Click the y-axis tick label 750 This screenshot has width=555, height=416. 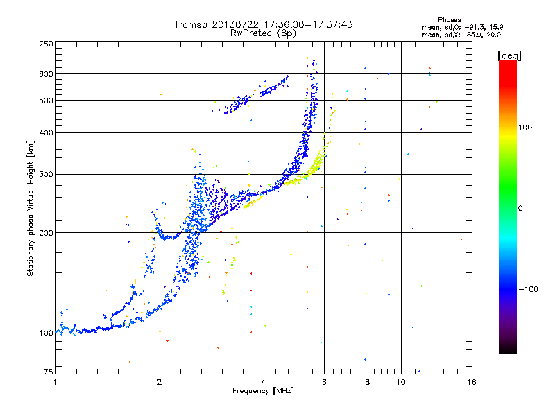click(46, 43)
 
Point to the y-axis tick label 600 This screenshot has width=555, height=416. click(46, 73)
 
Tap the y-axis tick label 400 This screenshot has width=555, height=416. click(46, 132)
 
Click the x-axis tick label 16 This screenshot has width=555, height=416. click(471, 381)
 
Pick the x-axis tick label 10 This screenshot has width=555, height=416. click(400, 381)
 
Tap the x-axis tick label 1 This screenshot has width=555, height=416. click(55, 381)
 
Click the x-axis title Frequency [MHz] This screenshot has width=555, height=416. click(263, 390)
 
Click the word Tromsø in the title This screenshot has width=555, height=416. click(191, 24)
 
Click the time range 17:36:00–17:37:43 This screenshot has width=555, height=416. click(308, 24)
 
